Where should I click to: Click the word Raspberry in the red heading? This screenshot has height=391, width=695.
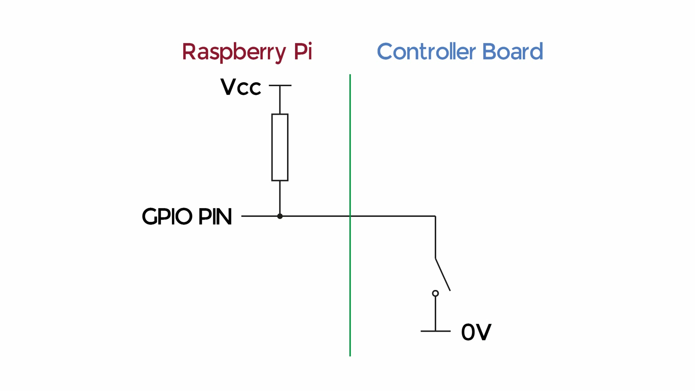pyautogui.click(x=234, y=52)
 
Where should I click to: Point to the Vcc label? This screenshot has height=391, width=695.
pyautogui.click(x=241, y=87)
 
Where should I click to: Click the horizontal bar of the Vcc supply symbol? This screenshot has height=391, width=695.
pyautogui.click(x=280, y=85)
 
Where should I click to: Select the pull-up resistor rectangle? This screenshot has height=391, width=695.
pyautogui.click(x=280, y=147)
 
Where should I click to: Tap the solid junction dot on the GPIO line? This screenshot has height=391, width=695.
pyautogui.click(x=280, y=216)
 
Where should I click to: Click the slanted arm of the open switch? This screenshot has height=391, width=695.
pyautogui.click(x=443, y=274)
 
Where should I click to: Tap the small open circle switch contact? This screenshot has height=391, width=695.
pyautogui.click(x=435, y=293)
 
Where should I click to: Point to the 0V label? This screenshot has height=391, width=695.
pyautogui.click(x=476, y=332)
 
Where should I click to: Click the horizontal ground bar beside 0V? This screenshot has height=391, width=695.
pyautogui.click(x=435, y=331)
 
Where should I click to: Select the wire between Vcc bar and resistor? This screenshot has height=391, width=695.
pyautogui.click(x=280, y=100)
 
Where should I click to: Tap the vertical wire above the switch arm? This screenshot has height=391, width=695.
pyautogui.click(x=435, y=237)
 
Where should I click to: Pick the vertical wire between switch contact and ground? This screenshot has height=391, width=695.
pyautogui.click(x=435, y=314)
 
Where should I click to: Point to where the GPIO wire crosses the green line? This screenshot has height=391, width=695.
pyautogui.click(x=350, y=216)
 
